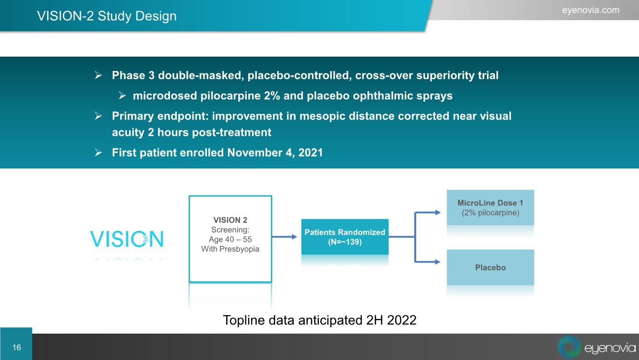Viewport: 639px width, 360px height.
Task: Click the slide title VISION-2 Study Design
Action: tap(107, 16)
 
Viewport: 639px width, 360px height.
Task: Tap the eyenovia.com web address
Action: tap(591, 10)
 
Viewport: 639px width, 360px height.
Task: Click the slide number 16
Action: tap(16, 347)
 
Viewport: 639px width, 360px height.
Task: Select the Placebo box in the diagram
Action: tap(490, 267)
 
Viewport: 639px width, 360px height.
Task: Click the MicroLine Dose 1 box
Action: tap(490, 207)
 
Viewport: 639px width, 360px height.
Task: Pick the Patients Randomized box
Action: tap(345, 237)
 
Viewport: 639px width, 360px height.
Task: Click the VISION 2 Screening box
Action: tap(230, 239)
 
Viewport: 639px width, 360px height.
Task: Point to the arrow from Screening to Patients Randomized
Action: tap(285, 237)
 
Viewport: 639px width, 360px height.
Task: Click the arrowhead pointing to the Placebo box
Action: tap(438, 262)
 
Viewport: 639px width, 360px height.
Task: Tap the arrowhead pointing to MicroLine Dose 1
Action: tap(438, 213)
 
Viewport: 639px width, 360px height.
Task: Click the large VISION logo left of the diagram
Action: tap(127, 239)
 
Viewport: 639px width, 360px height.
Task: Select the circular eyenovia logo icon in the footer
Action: tap(569, 347)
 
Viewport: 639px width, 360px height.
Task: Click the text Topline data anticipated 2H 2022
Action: tap(320, 320)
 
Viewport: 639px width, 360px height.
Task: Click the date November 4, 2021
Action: tap(275, 153)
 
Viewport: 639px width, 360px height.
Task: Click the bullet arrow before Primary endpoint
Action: tap(98, 116)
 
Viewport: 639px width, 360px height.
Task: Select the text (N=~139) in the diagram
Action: tap(345, 242)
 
